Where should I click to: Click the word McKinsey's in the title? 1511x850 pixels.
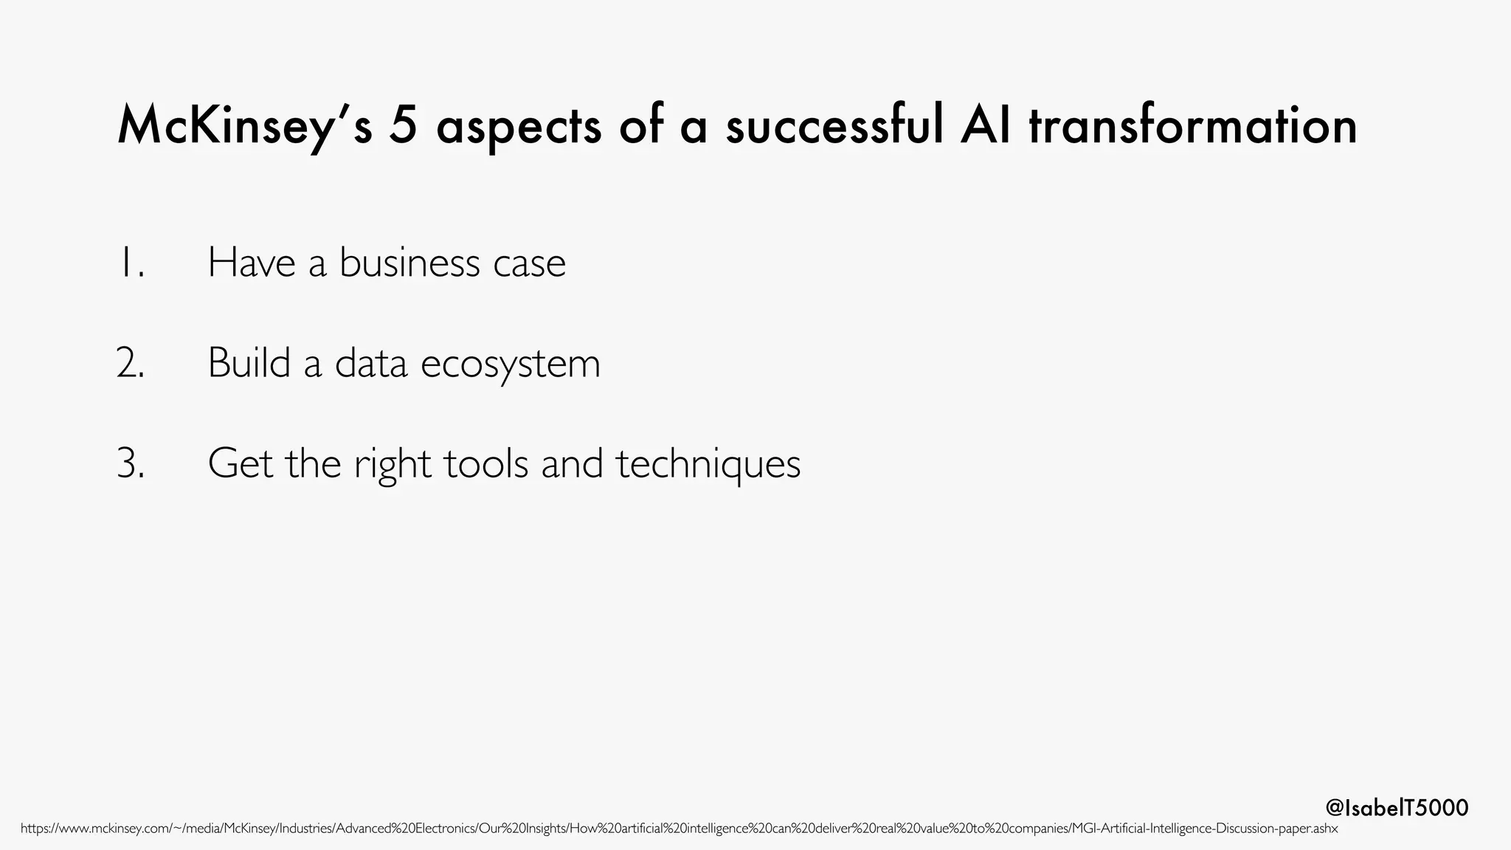point(244,126)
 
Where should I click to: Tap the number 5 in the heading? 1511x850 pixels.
point(404,126)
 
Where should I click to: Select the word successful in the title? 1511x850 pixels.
point(834,126)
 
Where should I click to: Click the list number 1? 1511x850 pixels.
point(131,263)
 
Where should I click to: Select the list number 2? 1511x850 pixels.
point(131,363)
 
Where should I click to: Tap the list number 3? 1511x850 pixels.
point(131,464)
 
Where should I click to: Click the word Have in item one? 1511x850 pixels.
point(252,263)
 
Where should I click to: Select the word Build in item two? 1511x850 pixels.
point(249,363)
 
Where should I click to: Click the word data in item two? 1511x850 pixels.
point(371,363)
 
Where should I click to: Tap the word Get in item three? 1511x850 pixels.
point(240,464)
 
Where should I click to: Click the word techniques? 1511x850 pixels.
point(708,464)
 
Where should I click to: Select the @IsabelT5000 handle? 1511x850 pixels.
point(1397,808)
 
